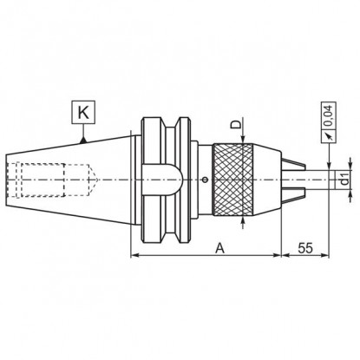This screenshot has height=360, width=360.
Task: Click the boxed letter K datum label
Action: click(x=83, y=112)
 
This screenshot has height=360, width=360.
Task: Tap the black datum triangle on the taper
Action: click(x=83, y=141)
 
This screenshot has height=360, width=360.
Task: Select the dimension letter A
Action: click(x=219, y=248)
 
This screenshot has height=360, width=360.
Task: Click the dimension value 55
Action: click(x=305, y=248)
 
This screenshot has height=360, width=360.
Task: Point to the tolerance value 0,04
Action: click(x=329, y=115)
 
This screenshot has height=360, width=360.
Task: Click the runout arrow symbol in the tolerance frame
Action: click(x=329, y=135)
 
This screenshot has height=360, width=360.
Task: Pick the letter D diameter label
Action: click(x=236, y=125)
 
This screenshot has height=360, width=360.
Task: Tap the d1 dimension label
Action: click(x=344, y=180)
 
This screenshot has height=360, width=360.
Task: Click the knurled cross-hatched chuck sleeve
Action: click(x=233, y=180)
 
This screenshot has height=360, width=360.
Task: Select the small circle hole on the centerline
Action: click(x=206, y=180)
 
